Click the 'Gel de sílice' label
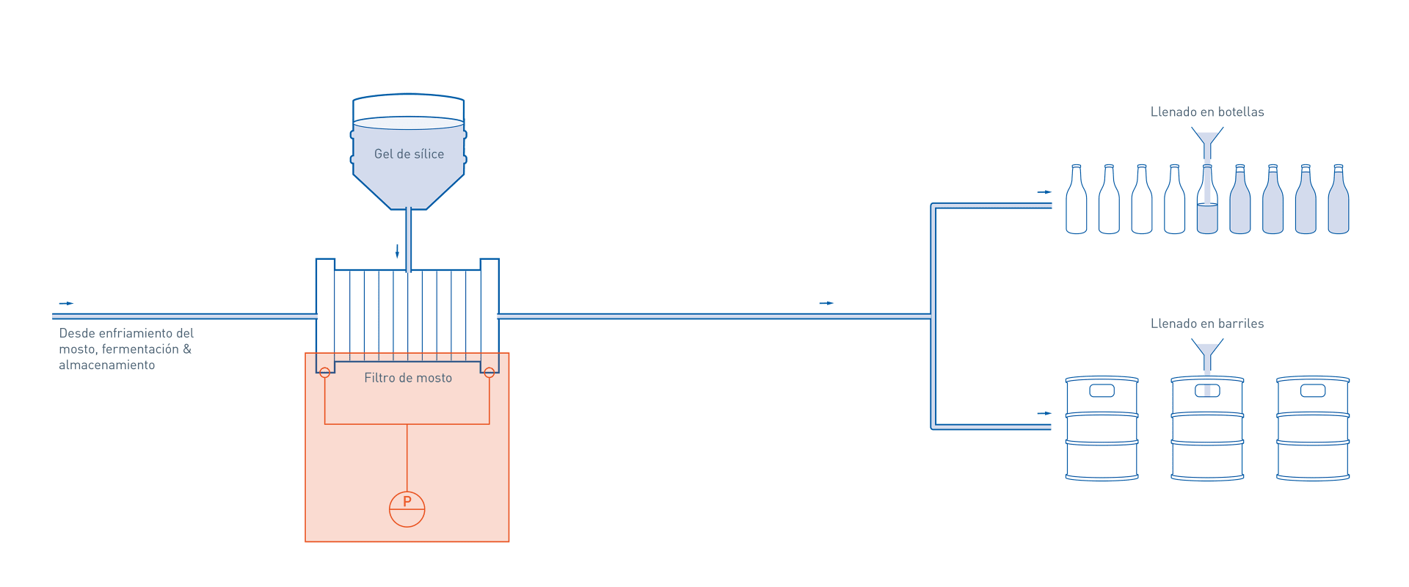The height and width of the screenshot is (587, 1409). pos(409,154)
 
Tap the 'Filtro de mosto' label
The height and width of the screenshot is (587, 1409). pos(408,378)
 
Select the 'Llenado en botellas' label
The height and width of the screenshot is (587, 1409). pos(1207,112)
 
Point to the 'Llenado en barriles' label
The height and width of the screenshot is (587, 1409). pos(1207,324)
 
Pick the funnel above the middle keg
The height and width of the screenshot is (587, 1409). pos(1207,351)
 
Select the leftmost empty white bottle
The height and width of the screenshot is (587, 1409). pos(1076,202)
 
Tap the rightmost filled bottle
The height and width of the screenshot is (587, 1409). pos(1338,202)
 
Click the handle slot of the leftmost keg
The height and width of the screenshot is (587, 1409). pos(1102,390)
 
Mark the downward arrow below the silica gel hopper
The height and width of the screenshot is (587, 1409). pos(397,252)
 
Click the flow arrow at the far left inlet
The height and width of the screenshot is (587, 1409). pos(66,303)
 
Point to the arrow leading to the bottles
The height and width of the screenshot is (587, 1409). pos(1044,192)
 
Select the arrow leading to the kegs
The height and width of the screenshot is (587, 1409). pos(1044,414)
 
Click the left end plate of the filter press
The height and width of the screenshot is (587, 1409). pos(325,316)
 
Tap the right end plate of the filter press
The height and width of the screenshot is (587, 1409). pos(489,316)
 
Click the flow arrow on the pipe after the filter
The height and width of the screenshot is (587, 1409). pos(826,303)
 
